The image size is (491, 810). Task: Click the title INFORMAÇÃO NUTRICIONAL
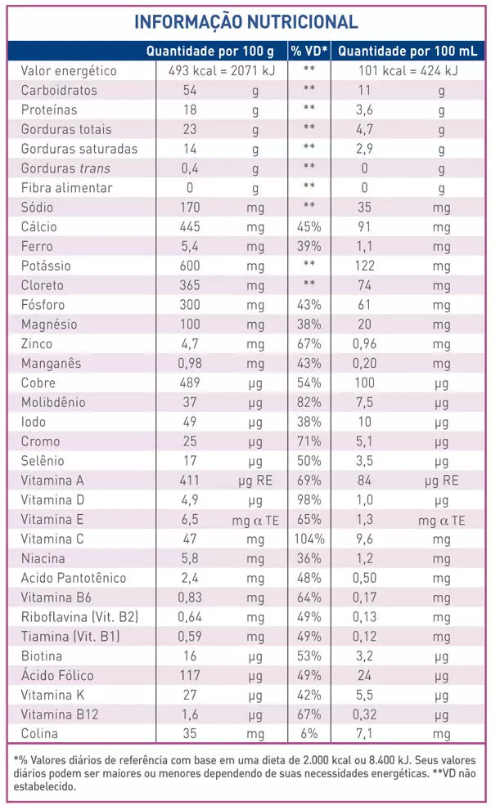point(245,22)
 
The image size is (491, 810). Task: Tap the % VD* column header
point(309,51)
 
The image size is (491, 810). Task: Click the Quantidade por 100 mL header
point(407,51)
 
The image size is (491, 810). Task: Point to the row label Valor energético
point(69,70)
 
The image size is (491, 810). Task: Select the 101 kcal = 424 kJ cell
point(408,70)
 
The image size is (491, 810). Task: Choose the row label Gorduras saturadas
point(79,149)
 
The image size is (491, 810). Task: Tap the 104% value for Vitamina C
point(309,539)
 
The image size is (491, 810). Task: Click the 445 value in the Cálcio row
point(190,226)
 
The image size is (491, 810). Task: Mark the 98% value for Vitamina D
point(309,499)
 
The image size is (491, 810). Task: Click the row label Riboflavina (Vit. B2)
point(79,617)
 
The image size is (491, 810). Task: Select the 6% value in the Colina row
point(309,734)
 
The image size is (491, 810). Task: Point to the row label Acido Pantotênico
point(74,578)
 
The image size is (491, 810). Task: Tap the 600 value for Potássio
point(190,266)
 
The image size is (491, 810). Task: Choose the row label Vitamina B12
point(56,714)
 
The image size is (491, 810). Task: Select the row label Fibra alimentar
point(66,188)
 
